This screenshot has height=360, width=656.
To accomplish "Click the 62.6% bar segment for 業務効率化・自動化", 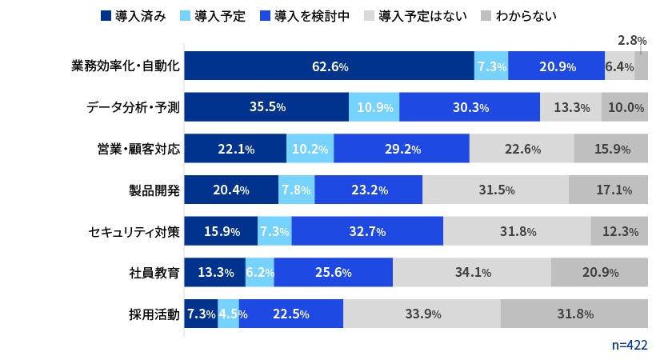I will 330,66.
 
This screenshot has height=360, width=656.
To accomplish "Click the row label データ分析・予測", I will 132,107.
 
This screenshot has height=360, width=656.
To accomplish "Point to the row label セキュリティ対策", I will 132,231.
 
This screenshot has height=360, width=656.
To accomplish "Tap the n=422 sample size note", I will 629,345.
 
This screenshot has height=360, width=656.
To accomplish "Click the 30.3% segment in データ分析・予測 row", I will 470,107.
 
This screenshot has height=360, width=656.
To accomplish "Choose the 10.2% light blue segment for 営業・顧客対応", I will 310,149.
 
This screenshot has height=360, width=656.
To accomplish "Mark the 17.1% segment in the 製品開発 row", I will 608,190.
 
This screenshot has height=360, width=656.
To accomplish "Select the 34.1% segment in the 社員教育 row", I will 472,273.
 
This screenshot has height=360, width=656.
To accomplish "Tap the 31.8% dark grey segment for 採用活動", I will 574,314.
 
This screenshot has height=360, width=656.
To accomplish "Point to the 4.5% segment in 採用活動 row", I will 228,314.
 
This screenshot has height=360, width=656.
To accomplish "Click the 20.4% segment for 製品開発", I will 231,190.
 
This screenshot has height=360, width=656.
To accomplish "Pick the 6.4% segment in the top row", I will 619,66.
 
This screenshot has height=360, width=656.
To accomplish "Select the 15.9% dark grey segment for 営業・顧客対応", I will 611,149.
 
